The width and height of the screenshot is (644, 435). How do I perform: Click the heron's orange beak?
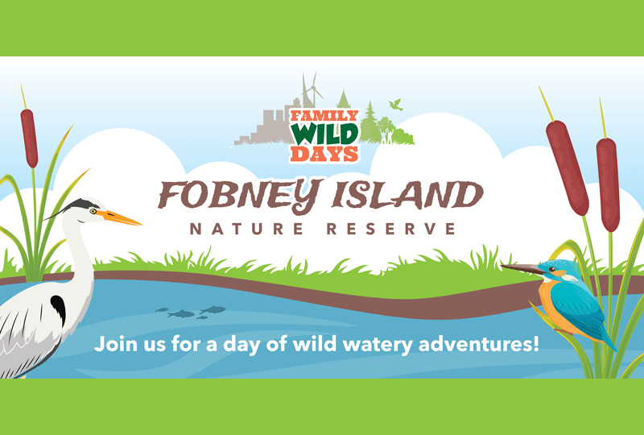(x=121, y=217)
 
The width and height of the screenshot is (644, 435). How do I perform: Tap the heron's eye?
(x=93, y=210)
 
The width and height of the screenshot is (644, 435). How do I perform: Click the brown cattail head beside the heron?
(x=29, y=138)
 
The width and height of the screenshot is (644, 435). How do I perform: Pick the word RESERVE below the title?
(x=394, y=230)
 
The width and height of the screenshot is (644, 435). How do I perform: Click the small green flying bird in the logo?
(x=395, y=104)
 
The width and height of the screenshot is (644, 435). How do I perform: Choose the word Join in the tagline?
(x=112, y=344)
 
